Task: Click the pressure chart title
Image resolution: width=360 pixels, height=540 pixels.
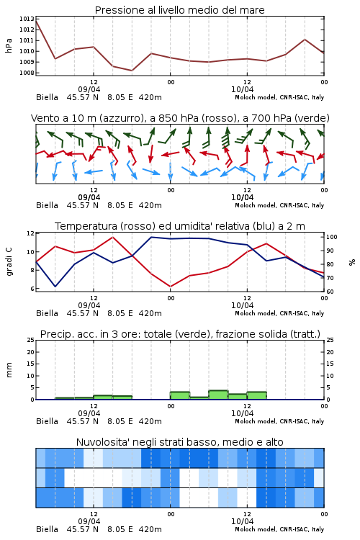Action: coord(179,10)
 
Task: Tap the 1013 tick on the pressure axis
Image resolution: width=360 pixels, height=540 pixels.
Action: coord(27,19)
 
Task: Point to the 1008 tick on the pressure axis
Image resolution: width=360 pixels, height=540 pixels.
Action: coord(27,73)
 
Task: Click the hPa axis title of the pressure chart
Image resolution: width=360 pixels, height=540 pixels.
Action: coord(9,45)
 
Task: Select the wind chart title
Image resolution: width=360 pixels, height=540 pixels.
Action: coord(180,118)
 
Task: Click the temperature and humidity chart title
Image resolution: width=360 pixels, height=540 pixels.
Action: coord(180,226)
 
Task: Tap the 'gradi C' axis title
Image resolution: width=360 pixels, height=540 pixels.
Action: coord(9,262)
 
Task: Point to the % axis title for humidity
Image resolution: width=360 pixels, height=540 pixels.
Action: coord(352,262)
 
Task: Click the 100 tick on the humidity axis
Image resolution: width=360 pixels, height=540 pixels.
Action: coord(332,237)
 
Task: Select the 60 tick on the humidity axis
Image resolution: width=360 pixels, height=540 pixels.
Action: coord(330,292)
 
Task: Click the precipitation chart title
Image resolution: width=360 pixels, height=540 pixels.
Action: coord(180,334)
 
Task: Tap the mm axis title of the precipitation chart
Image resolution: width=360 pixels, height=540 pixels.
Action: coord(9,370)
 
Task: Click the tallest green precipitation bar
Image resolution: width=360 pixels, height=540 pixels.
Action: coord(218,395)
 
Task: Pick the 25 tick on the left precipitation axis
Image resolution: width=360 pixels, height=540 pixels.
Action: coord(31,341)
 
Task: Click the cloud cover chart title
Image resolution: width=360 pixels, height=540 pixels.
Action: coord(179,442)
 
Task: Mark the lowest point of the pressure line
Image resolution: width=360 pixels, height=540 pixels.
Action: coord(132,71)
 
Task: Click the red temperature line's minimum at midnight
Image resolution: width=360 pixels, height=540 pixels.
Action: coord(170,287)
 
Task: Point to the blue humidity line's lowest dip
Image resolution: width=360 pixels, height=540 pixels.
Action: coord(55,287)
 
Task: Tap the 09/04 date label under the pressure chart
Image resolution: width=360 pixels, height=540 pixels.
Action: coord(89,89)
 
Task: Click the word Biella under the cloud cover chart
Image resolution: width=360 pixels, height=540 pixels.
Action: coord(48,529)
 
